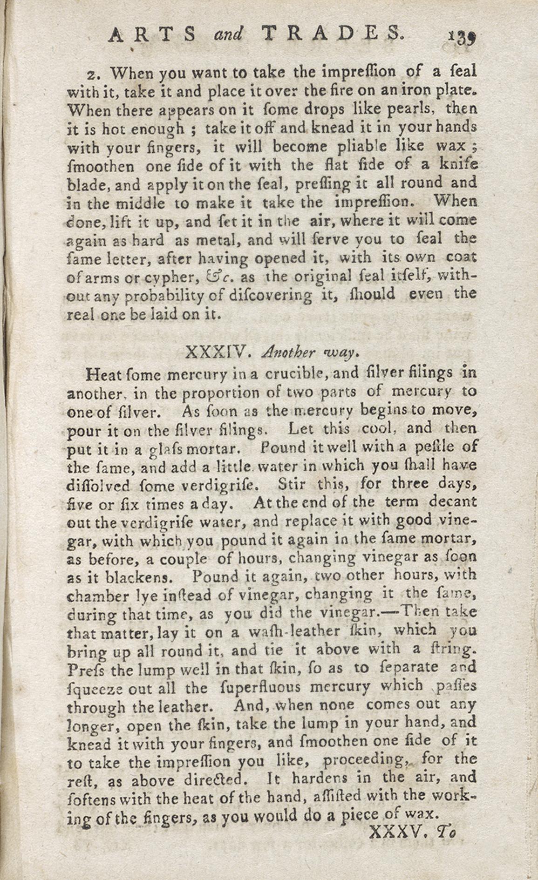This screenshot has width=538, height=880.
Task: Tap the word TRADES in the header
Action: tap(331, 34)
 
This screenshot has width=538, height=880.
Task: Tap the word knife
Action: tap(457, 164)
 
